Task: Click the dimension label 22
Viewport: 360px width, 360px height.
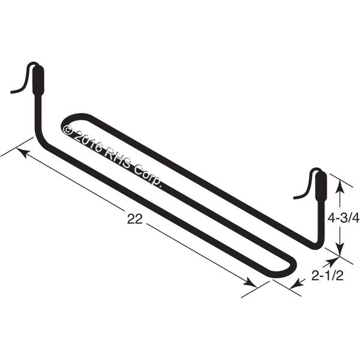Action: (x=135, y=219)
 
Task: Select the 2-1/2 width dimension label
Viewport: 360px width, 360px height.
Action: (x=328, y=276)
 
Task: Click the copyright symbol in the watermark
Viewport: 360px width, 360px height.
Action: (x=68, y=130)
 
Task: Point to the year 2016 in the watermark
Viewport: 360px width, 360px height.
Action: (x=89, y=142)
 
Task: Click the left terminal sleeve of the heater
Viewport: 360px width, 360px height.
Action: (x=38, y=80)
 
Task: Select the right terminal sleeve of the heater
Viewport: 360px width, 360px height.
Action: (x=321, y=187)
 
